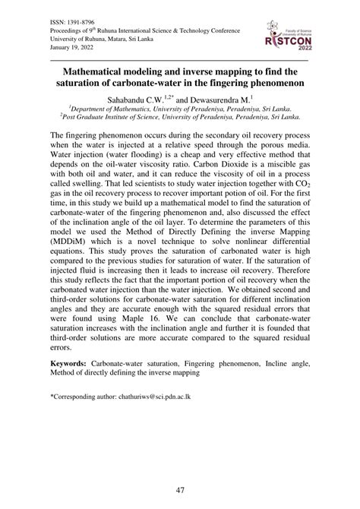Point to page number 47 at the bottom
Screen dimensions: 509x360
180,491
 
